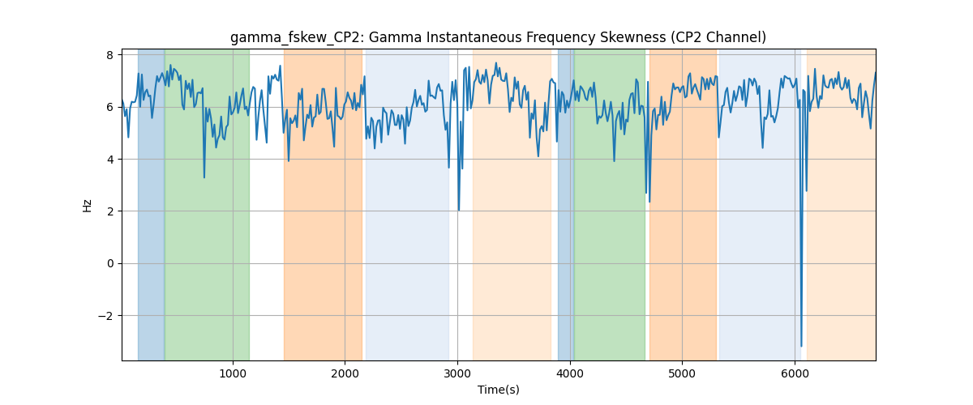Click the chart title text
[x=498, y=37]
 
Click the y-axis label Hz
[x=88, y=206]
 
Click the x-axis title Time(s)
[x=498, y=390]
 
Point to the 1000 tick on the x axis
[x=233, y=373]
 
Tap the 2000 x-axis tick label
[x=345, y=373]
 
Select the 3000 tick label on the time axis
[x=457, y=373]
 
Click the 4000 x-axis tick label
[x=570, y=373]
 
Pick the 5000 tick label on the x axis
[x=682, y=373]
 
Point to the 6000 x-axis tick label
[x=795, y=373]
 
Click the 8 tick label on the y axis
[x=110, y=55]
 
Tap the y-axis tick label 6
[x=110, y=107]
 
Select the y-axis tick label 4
[x=110, y=160]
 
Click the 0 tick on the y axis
[x=110, y=263]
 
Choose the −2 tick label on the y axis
[x=106, y=316]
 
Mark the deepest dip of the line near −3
[x=801, y=346]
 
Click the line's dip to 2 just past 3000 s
[x=459, y=210]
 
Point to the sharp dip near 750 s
[x=204, y=177]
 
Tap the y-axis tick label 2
[x=110, y=211]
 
